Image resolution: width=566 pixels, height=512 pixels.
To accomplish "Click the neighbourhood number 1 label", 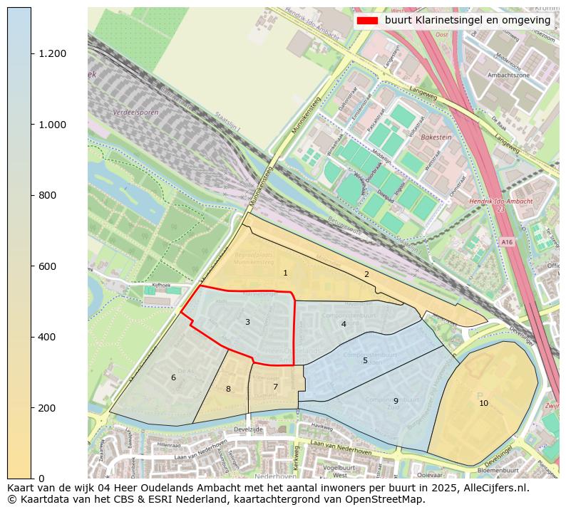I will point(285,273).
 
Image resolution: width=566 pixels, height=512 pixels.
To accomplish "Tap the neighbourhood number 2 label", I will point(366,275).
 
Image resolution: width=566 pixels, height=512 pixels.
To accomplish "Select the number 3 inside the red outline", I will point(247,323).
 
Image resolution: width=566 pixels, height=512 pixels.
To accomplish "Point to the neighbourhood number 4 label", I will point(344,325).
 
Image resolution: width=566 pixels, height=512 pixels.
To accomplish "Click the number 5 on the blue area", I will point(365,361).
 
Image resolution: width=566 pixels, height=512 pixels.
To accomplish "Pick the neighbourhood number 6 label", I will point(173,378).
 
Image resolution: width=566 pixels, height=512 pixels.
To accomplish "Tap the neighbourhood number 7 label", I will point(275,387).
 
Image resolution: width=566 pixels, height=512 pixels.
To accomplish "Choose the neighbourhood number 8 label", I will point(228,390).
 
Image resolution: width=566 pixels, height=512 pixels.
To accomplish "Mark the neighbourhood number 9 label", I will point(396,402).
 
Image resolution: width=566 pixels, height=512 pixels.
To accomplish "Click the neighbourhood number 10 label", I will point(483,404).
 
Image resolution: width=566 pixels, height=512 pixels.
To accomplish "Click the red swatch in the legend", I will point(368,21).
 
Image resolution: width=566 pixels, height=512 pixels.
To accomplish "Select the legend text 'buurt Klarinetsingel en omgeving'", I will point(467,21).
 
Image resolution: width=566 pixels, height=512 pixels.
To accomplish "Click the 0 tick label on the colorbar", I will point(41,479).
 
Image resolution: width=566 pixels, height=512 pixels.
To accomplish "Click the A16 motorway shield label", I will point(506,242).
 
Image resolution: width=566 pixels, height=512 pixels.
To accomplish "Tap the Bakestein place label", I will point(436,137).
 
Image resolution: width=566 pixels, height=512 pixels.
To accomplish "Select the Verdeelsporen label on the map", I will point(135,113).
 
